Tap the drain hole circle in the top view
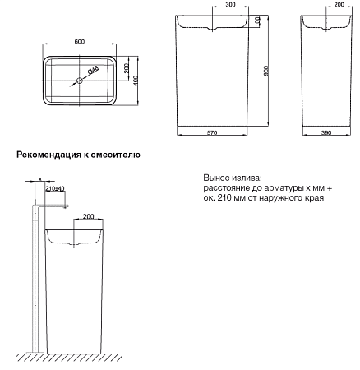(x=81, y=81)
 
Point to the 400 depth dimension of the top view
(x=136, y=80)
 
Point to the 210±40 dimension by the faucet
(x=56, y=189)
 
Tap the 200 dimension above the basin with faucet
(x=88, y=217)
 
